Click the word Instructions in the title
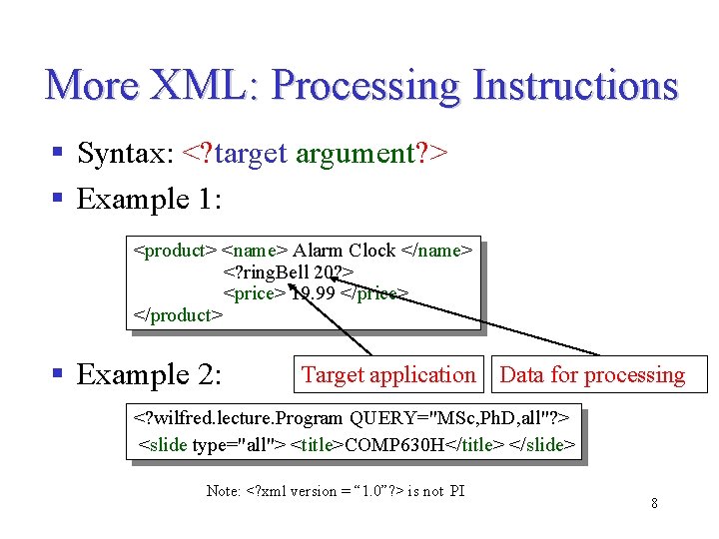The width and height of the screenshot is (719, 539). click(x=575, y=85)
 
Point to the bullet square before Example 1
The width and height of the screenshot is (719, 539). click(x=58, y=199)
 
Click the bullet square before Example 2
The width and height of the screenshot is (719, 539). click(x=58, y=375)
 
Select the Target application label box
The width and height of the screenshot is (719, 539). click(x=388, y=375)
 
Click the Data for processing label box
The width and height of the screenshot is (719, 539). click(x=593, y=375)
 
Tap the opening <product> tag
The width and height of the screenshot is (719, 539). click(x=175, y=251)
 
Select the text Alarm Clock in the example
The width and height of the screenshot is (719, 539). click(x=344, y=251)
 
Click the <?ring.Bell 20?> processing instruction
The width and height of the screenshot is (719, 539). click(x=288, y=271)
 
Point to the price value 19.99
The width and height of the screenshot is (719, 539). click(x=314, y=293)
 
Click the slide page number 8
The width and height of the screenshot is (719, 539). click(x=654, y=503)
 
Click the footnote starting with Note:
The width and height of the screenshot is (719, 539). click(x=336, y=490)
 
